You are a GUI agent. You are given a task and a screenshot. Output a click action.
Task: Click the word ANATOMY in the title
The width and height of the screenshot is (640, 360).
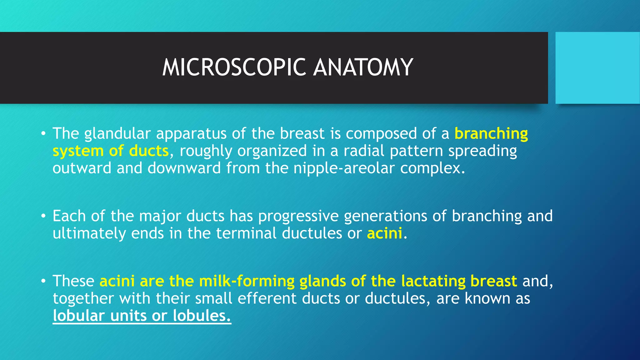click(x=363, y=67)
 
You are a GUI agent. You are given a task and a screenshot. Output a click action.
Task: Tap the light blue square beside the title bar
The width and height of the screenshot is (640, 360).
click(x=597, y=67)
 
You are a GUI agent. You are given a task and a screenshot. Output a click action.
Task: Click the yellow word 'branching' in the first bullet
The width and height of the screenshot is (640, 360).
click(x=491, y=134)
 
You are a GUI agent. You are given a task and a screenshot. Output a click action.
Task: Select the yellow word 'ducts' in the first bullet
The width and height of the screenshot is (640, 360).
click(x=149, y=151)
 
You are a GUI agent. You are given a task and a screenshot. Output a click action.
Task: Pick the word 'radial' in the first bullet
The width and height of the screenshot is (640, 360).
click(x=364, y=151)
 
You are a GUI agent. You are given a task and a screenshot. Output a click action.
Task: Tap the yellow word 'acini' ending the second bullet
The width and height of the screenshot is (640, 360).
click(x=384, y=234)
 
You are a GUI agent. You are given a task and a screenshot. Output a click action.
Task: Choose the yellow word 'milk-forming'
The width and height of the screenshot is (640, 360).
click(x=247, y=281)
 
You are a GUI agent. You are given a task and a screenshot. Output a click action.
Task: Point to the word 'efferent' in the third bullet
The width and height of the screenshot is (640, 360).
click(x=267, y=298)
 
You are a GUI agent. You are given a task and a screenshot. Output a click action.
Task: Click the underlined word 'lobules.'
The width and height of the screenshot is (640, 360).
click(x=202, y=316)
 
